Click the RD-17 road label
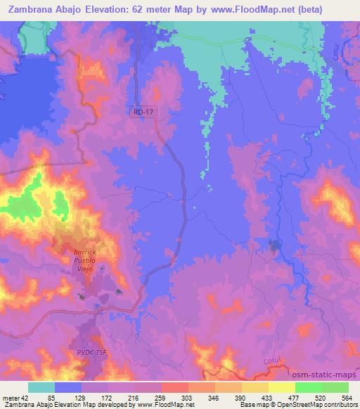(x=141, y=111)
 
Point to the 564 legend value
(x=347, y=398)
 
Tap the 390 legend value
(x=257, y=398)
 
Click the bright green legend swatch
(x=308, y=387)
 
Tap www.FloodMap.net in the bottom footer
(x=165, y=405)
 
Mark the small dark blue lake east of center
(x=275, y=245)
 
